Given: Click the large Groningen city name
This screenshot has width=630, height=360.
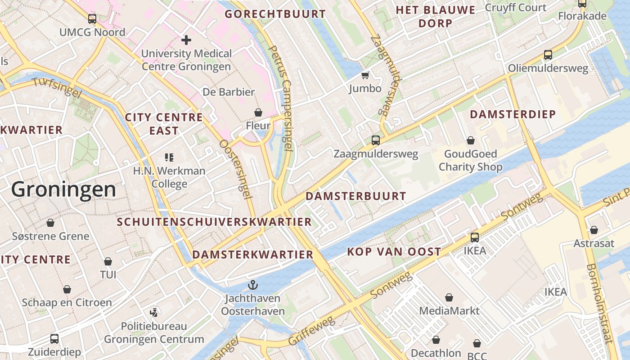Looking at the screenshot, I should pyautogui.click(x=63, y=189).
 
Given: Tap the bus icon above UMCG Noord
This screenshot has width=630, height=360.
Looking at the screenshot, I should pyautogui.click(x=92, y=19).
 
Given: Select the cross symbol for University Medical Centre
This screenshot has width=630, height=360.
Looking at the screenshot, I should pyautogui.click(x=186, y=40).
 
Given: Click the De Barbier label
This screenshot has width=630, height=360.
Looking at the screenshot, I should pyautogui.click(x=229, y=92).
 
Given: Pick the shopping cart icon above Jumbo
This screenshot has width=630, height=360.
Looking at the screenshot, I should pyautogui.click(x=365, y=75).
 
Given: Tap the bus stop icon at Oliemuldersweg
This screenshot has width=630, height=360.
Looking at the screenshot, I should pyautogui.click(x=548, y=55).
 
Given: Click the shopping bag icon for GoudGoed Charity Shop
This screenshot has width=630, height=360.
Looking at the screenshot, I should pyautogui.click(x=470, y=140).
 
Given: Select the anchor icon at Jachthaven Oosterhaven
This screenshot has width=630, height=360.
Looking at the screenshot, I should pyautogui.click(x=253, y=285).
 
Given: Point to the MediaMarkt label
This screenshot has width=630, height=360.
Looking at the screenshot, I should pyautogui.click(x=449, y=311).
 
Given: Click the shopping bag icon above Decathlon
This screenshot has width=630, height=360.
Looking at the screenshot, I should pyautogui.click(x=436, y=340).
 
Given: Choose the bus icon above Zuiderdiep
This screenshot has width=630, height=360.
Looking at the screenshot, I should pyautogui.click(x=54, y=338).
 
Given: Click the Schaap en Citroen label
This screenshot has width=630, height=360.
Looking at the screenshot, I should pyautogui.click(x=67, y=302).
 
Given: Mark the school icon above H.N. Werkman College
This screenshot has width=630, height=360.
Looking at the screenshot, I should pyautogui.click(x=169, y=157).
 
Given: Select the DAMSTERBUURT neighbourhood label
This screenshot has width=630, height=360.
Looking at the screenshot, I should pyautogui.click(x=356, y=196).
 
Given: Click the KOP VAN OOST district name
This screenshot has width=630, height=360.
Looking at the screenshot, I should pyautogui.click(x=394, y=252).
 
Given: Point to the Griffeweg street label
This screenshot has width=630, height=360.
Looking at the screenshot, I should pyautogui.click(x=311, y=331).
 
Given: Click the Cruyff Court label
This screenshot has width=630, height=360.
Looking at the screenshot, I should pyautogui.click(x=515, y=8).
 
